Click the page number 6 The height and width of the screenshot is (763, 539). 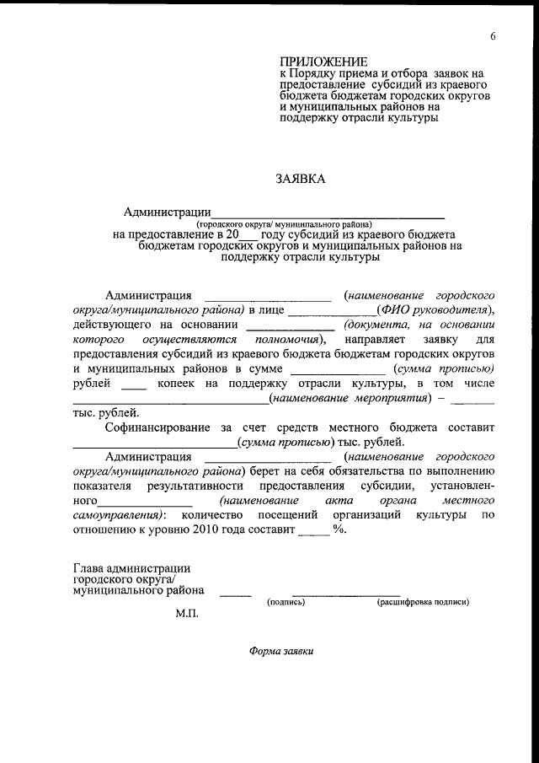click(x=492, y=35)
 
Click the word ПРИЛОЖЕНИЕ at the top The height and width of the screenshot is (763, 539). click(x=324, y=62)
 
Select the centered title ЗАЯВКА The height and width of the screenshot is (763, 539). click(x=300, y=179)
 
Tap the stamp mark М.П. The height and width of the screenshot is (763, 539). click(x=186, y=615)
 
